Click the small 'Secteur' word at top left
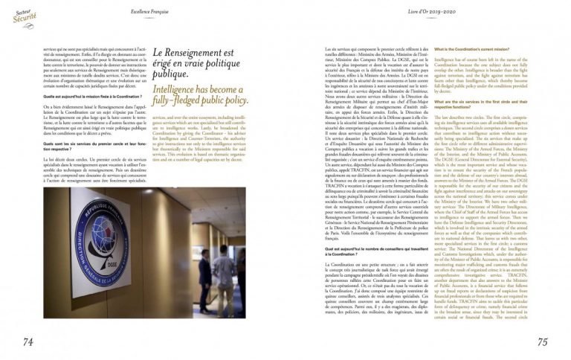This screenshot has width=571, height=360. (x=16, y=5)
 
